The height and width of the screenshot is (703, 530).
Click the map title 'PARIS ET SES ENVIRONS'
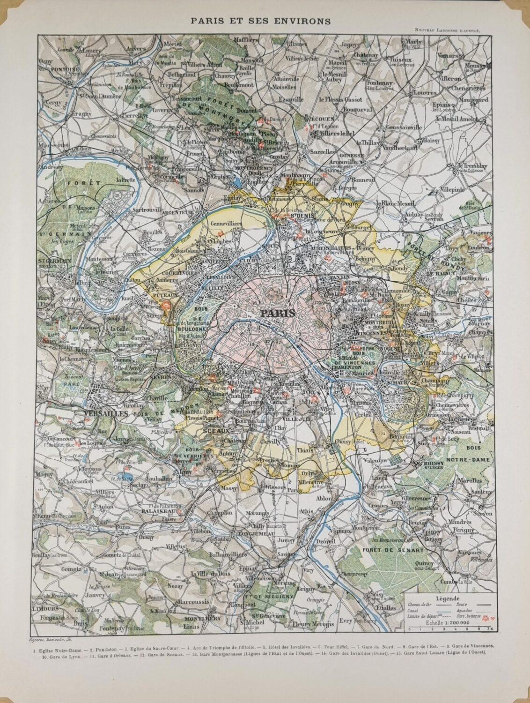265,21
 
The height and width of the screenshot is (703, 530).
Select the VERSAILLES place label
105,414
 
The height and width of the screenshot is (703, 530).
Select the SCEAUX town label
216,430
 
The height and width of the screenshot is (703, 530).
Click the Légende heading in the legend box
447,598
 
